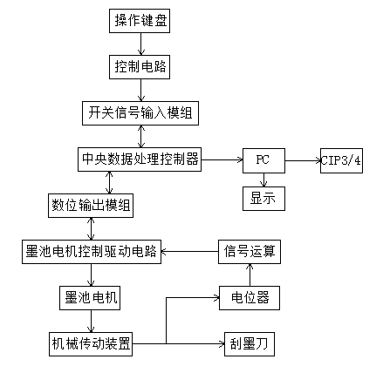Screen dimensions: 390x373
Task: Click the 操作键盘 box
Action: click(x=140, y=21)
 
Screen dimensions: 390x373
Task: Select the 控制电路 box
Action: click(x=140, y=67)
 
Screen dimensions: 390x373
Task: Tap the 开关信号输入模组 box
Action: click(x=140, y=113)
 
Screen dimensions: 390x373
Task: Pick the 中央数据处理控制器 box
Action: click(x=140, y=159)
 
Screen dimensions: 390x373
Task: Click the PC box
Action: click(x=263, y=160)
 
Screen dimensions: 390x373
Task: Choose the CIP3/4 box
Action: click(x=341, y=160)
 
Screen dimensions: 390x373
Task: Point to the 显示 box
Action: click(x=263, y=199)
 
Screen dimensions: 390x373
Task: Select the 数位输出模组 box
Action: click(x=91, y=206)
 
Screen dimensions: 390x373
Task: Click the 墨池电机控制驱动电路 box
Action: click(x=92, y=252)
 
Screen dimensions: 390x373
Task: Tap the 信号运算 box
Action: click(x=250, y=252)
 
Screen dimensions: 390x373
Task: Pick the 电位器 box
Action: click(x=250, y=298)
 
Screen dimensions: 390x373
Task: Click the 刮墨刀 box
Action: click(x=250, y=344)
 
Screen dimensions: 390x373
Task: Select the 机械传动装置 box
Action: click(x=91, y=344)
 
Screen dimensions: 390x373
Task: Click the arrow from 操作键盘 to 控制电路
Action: click(x=141, y=44)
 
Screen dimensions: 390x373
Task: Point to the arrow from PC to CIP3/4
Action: click(x=303, y=160)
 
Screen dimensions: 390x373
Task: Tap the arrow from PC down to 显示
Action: click(x=263, y=180)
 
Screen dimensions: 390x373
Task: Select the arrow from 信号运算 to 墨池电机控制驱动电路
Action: click(x=189, y=252)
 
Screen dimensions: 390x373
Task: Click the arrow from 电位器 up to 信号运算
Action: click(x=250, y=275)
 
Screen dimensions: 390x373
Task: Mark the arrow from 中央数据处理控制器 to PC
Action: click(x=222, y=159)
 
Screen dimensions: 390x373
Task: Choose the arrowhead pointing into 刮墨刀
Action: click(x=222, y=344)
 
